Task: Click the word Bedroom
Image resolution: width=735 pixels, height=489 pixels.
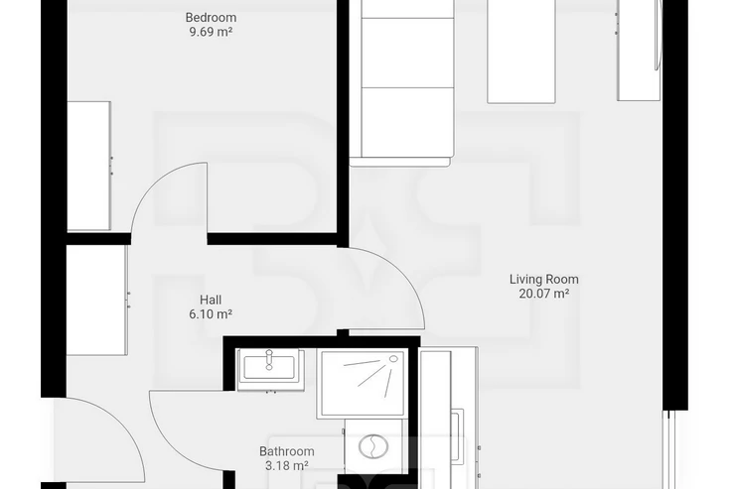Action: click(211, 18)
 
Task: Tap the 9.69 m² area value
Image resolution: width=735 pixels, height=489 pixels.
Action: click(211, 32)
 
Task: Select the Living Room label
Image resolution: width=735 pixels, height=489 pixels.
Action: click(543, 280)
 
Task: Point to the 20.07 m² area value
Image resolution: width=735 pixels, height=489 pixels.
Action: click(543, 294)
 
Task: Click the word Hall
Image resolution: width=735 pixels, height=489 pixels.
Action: click(211, 300)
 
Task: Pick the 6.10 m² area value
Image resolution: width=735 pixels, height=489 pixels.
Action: click(211, 314)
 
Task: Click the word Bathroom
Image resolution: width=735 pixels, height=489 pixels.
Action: click(286, 451)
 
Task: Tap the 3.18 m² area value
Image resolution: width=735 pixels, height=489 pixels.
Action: click(286, 465)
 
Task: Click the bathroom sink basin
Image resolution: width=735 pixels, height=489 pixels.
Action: click(269, 367)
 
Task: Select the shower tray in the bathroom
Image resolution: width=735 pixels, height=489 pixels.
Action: click(361, 383)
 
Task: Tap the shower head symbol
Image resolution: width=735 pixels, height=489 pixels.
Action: click(393, 359)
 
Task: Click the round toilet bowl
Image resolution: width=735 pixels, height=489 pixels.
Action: click(373, 446)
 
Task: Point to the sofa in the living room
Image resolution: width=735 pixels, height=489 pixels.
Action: click(402, 82)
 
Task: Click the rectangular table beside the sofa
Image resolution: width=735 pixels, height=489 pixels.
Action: click(521, 52)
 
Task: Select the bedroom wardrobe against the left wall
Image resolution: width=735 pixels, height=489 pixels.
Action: click(89, 166)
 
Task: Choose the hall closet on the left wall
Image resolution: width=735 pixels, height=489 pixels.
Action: click(96, 300)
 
